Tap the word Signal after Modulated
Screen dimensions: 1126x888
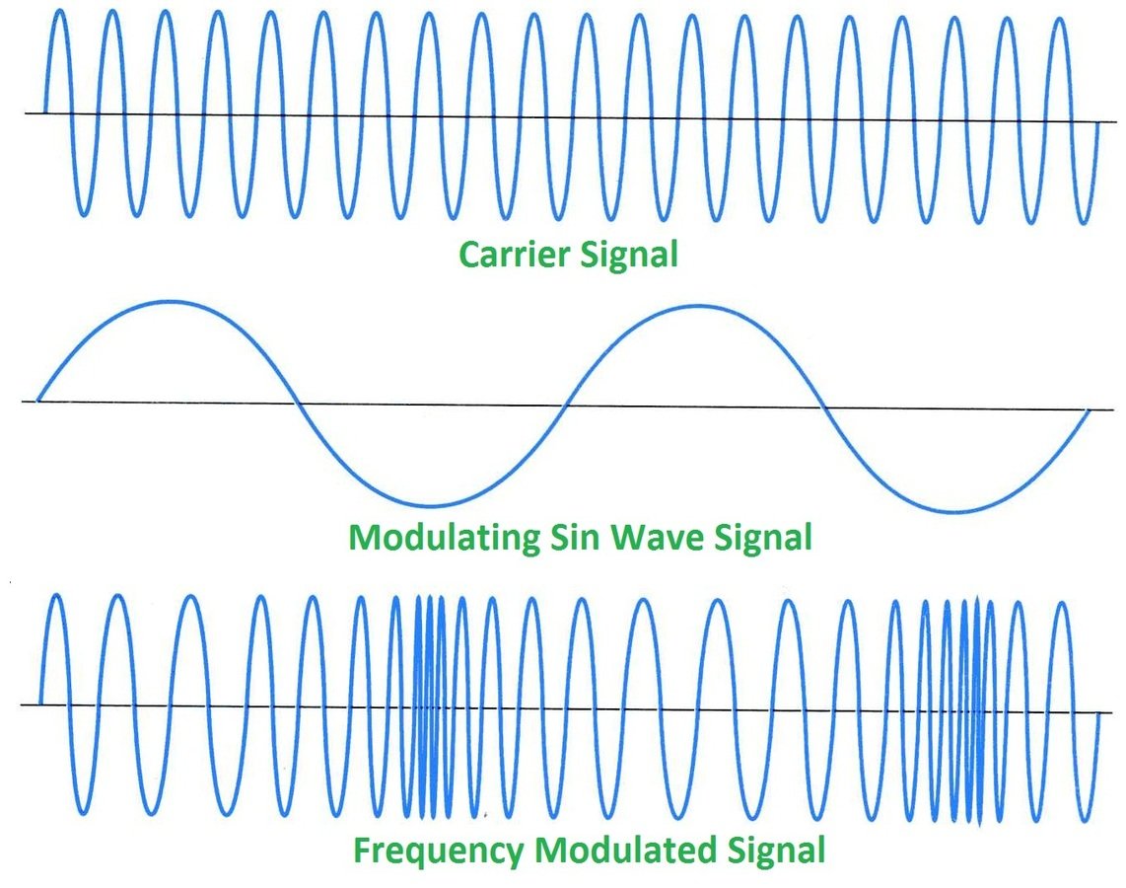tap(776, 850)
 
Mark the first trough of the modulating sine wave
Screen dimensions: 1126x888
tap(434, 505)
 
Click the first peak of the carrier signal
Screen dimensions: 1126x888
tap(59, 11)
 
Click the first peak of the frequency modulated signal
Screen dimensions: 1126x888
tap(55, 596)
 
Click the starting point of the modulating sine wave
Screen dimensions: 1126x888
tap(37, 401)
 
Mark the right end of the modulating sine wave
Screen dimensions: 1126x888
tap(1090, 410)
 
